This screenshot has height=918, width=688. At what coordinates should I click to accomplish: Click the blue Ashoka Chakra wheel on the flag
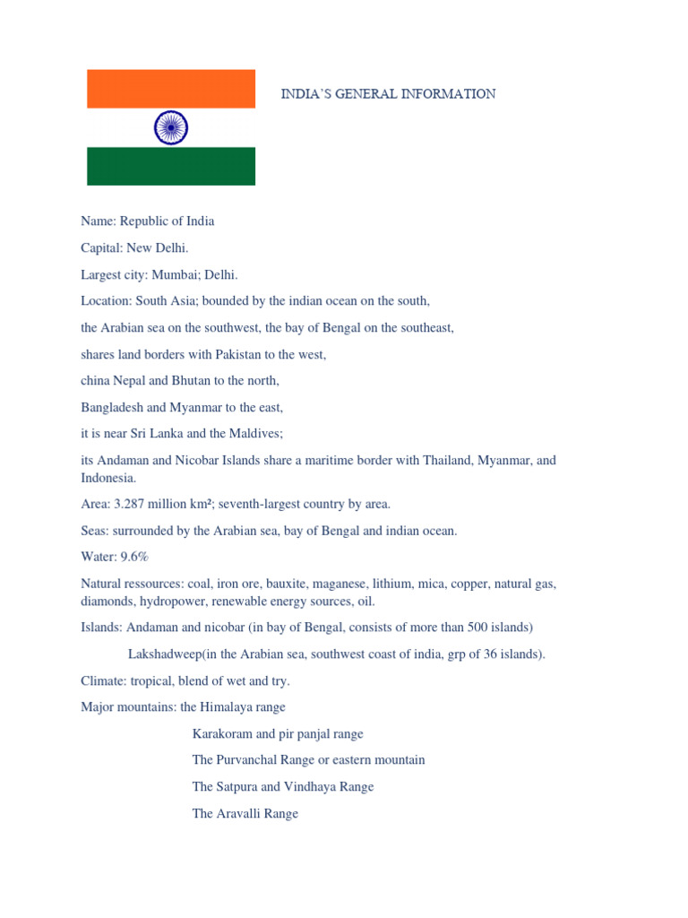pos(171,127)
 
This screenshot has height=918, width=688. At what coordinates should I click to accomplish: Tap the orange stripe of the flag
pos(171,89)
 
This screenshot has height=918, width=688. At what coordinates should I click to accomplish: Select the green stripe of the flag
pos(171,166)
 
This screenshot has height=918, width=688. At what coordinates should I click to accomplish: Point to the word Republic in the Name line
pos(146,221)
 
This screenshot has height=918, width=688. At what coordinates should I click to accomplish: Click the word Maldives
pos(255,434)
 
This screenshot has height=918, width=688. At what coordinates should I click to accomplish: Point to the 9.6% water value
pos(131,557)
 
